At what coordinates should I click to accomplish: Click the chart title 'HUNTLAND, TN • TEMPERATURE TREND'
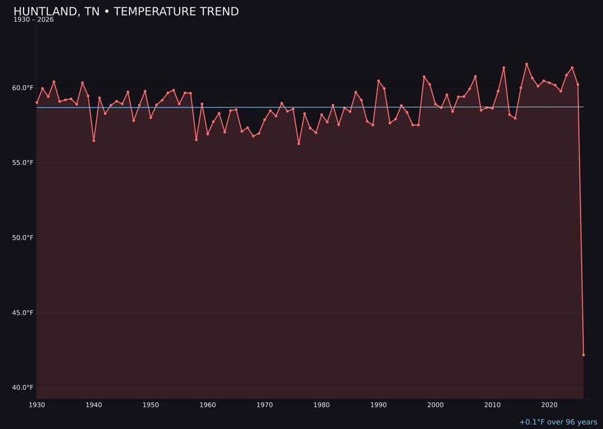pos(126,12)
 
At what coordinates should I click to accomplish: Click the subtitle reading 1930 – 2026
pos(33,20)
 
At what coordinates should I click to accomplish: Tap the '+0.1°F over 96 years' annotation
pos(558,422)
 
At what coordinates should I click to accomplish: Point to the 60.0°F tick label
pos(23,88)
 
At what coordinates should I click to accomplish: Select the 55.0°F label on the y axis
pos(23,163)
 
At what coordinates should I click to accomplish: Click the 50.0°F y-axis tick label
pos(23,237)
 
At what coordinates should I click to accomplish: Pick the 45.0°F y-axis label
pos(23,313)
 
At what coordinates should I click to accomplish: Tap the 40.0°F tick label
pos(23,388)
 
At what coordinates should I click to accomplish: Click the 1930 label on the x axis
pos(37,405)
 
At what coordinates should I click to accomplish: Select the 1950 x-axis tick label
pos(151,405)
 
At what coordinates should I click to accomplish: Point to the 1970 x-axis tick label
pos(265,405)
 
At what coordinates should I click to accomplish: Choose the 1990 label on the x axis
pos(379,405)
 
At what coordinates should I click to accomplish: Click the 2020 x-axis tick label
pos(549,405)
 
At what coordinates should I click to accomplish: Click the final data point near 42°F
pos(583,355)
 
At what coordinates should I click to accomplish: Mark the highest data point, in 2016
pos(527,64)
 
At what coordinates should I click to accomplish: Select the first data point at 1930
pos(37,102)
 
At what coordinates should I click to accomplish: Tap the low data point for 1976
pos(299,144)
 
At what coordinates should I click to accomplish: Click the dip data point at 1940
pos(94,141)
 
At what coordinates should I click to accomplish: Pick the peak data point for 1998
pos(424,77)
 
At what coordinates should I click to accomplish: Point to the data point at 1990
pos(379,81)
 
